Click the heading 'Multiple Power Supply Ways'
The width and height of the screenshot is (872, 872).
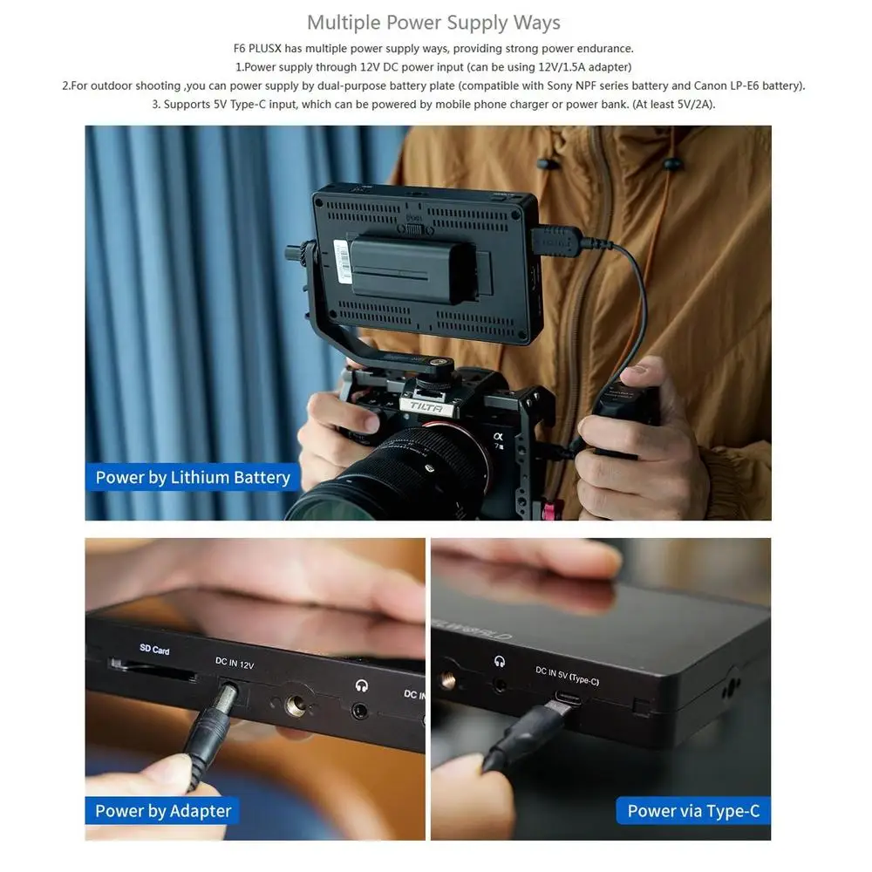pos(433,22)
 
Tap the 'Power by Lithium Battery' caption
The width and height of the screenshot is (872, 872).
pos(193,477)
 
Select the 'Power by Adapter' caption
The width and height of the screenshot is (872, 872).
pos(163,811)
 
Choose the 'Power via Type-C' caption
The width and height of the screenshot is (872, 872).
pos(693,811)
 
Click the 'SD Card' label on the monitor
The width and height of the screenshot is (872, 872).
pos(154,650)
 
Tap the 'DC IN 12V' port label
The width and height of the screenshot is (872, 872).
pos(235,664)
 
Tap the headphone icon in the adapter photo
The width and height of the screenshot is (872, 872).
pos(361,686)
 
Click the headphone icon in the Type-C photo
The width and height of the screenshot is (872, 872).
pos(501,662)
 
